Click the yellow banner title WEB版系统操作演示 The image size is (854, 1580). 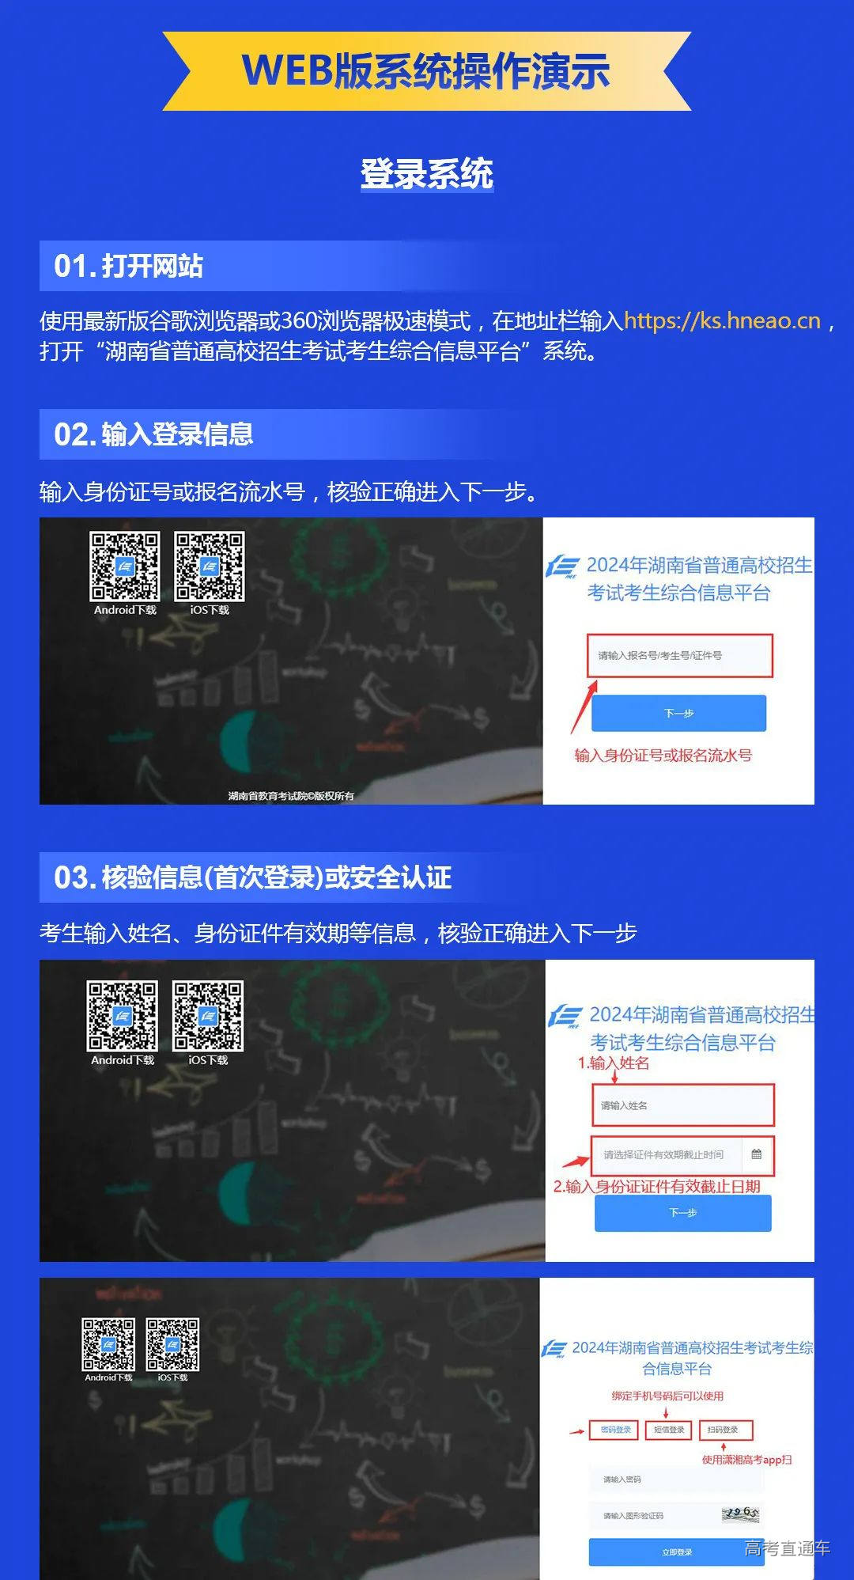(426, 71)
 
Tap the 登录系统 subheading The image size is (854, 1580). (427, 174)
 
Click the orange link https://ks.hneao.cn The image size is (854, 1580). (722, 320)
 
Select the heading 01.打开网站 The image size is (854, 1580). (129, 266)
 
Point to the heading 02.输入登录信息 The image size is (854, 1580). (153, 434)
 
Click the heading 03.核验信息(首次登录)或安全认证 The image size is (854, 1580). (253, 877)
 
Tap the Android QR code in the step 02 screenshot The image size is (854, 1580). (125, 566)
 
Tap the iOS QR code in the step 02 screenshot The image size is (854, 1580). (210, 566)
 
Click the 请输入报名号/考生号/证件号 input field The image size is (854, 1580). (679, 655)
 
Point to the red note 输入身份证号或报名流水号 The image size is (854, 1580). (663, 756)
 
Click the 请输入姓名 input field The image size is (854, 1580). (682, 1105)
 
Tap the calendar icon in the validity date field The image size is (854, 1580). (756, 1154)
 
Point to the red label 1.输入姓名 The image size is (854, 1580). (614, 1063)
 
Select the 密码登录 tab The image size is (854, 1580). (615, 1430)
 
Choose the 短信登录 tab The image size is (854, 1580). (669, 1430)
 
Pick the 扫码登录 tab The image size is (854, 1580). (723, 1430)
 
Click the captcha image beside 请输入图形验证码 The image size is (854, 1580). (740, 1514)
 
